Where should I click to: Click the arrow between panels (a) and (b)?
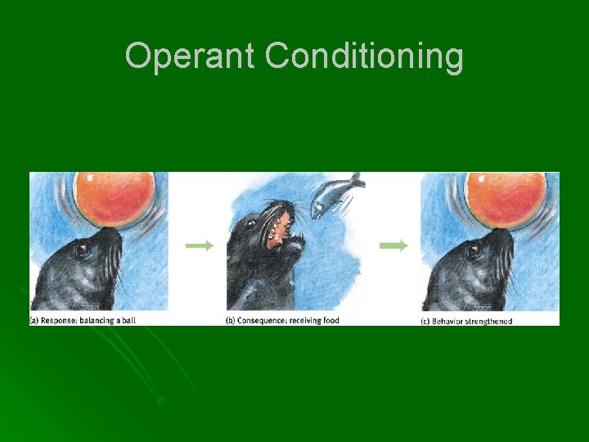click(x=199, y=245)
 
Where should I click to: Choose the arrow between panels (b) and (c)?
click(x=393, y=245)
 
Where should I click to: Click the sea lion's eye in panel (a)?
click(x=81, y=250)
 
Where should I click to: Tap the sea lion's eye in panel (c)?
click(x=472, y=250)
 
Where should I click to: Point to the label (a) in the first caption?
click(x=35, y=320)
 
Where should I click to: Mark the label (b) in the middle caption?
click(x=230, y=320)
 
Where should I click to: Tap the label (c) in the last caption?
click(x=425, y=321)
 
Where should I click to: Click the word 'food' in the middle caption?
click(x=330, y=320)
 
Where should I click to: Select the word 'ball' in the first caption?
click(x=127, y=320)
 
